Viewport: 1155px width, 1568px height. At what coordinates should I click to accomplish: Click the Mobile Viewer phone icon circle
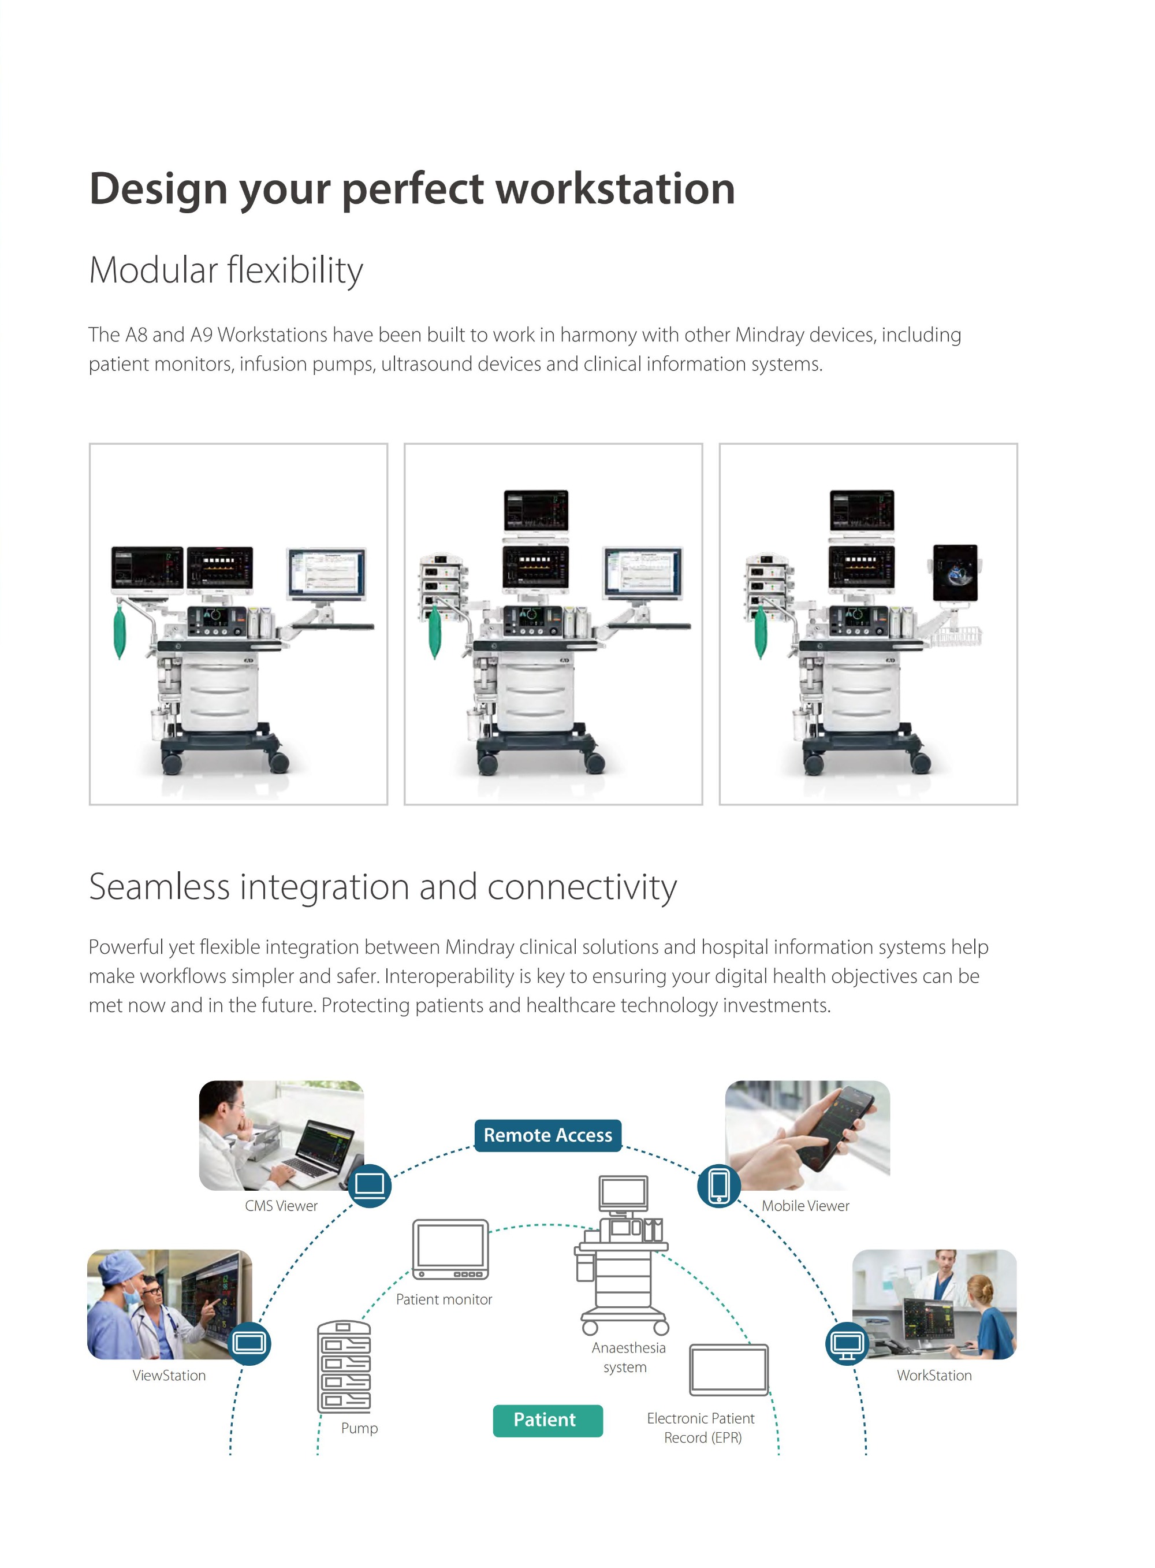click(x=719, y=1186)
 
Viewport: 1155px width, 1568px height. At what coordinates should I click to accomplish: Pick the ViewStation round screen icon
click(x=249, y=1343)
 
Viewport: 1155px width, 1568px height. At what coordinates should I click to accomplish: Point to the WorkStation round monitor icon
click(x=847, y=1343)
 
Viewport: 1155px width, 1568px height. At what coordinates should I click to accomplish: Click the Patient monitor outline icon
click(x=450, y=1249)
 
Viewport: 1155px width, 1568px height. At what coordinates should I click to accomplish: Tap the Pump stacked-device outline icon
click(x=344, y=1366)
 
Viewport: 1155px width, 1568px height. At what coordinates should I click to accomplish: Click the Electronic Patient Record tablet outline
click(x=729, y=1369)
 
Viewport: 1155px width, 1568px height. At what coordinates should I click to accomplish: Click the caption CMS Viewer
click(x=281, y=1206)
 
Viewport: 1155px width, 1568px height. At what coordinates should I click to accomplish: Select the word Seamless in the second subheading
click(x=159, y=887)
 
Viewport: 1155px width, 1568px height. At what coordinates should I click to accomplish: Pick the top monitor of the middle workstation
click(x=536, y=511)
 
